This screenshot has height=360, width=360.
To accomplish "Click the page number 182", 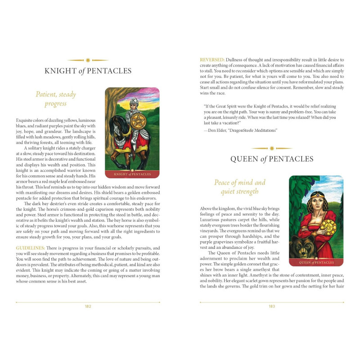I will click(x=88, y=306).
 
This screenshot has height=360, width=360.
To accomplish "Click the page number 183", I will click(x=272, y=306).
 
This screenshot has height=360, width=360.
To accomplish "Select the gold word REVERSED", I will click(x=212, y=60).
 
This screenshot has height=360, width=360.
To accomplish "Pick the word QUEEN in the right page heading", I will click(x=244, y=159).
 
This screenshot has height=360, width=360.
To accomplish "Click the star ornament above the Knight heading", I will click(x=88, y=60).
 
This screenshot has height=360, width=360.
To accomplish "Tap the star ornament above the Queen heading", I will click(x=272, y=148).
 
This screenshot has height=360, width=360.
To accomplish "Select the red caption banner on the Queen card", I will click(x=316, y=262).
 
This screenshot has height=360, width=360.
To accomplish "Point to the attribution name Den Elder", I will click(x=218, y=130).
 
